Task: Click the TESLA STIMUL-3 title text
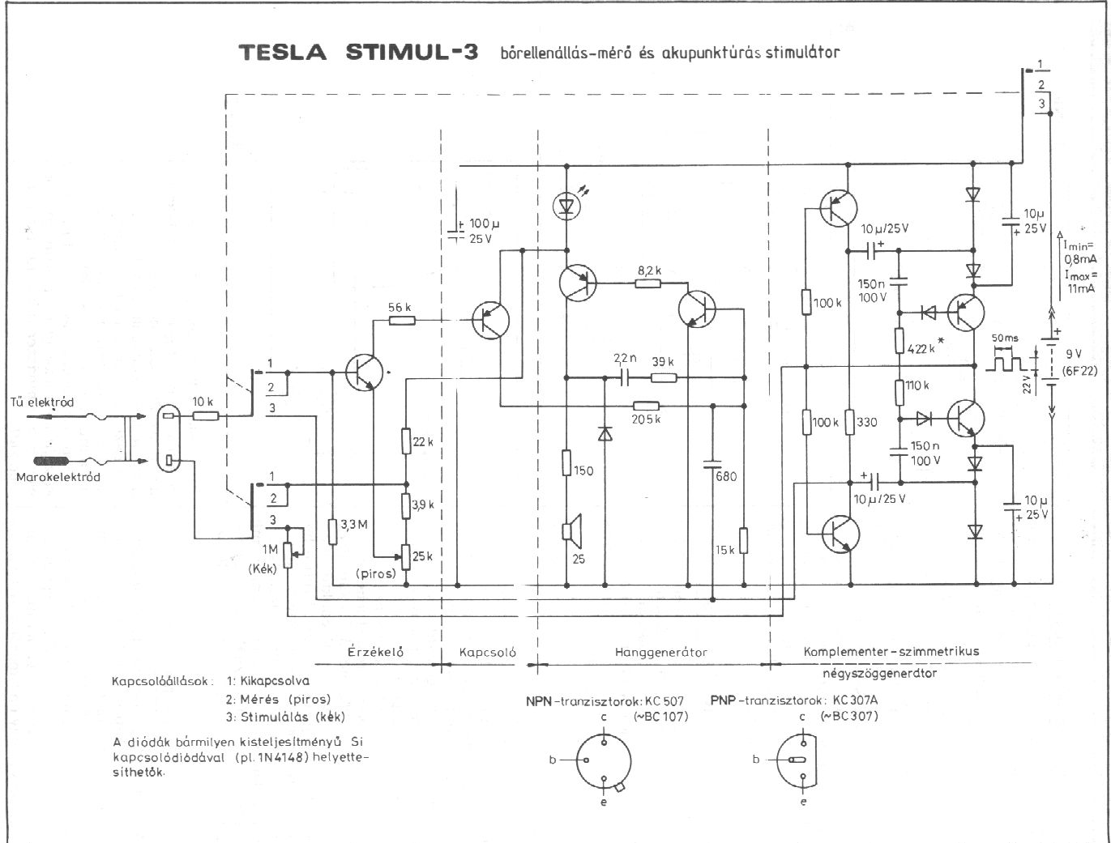[357, 53]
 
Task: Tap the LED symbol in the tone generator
[566, 205]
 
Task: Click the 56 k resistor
[402, 321]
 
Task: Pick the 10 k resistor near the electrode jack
[205, 416]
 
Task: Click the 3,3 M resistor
[333, 531]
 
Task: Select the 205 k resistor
[646, 405]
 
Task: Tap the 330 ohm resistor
[849, 422]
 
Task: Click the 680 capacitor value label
[726, 476]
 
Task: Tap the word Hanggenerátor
[661, 651]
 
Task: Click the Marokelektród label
[58, 477]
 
